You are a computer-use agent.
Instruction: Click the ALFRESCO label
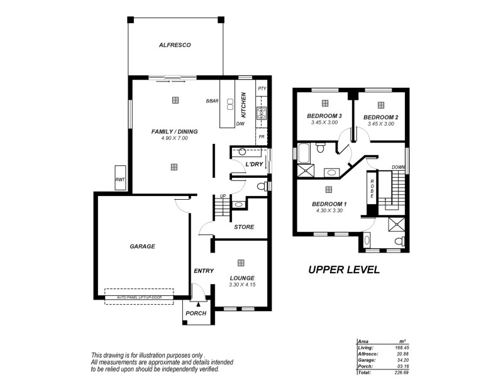175,45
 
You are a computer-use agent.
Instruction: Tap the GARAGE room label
142,246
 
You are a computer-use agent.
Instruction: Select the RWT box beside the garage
119,178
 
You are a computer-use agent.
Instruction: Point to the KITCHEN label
243,104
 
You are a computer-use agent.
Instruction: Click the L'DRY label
254,164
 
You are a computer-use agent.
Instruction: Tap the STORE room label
244,227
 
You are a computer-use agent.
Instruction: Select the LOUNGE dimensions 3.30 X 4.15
241,285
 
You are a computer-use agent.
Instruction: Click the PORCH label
196,314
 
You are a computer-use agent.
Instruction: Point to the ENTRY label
203,271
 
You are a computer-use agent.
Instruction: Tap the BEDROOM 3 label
324,116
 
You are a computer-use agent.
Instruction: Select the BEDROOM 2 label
380,117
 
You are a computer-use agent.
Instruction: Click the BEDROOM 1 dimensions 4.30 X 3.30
329,211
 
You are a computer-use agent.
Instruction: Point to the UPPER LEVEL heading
343,270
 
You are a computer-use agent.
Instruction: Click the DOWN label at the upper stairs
398,167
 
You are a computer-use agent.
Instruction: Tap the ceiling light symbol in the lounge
241,263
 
